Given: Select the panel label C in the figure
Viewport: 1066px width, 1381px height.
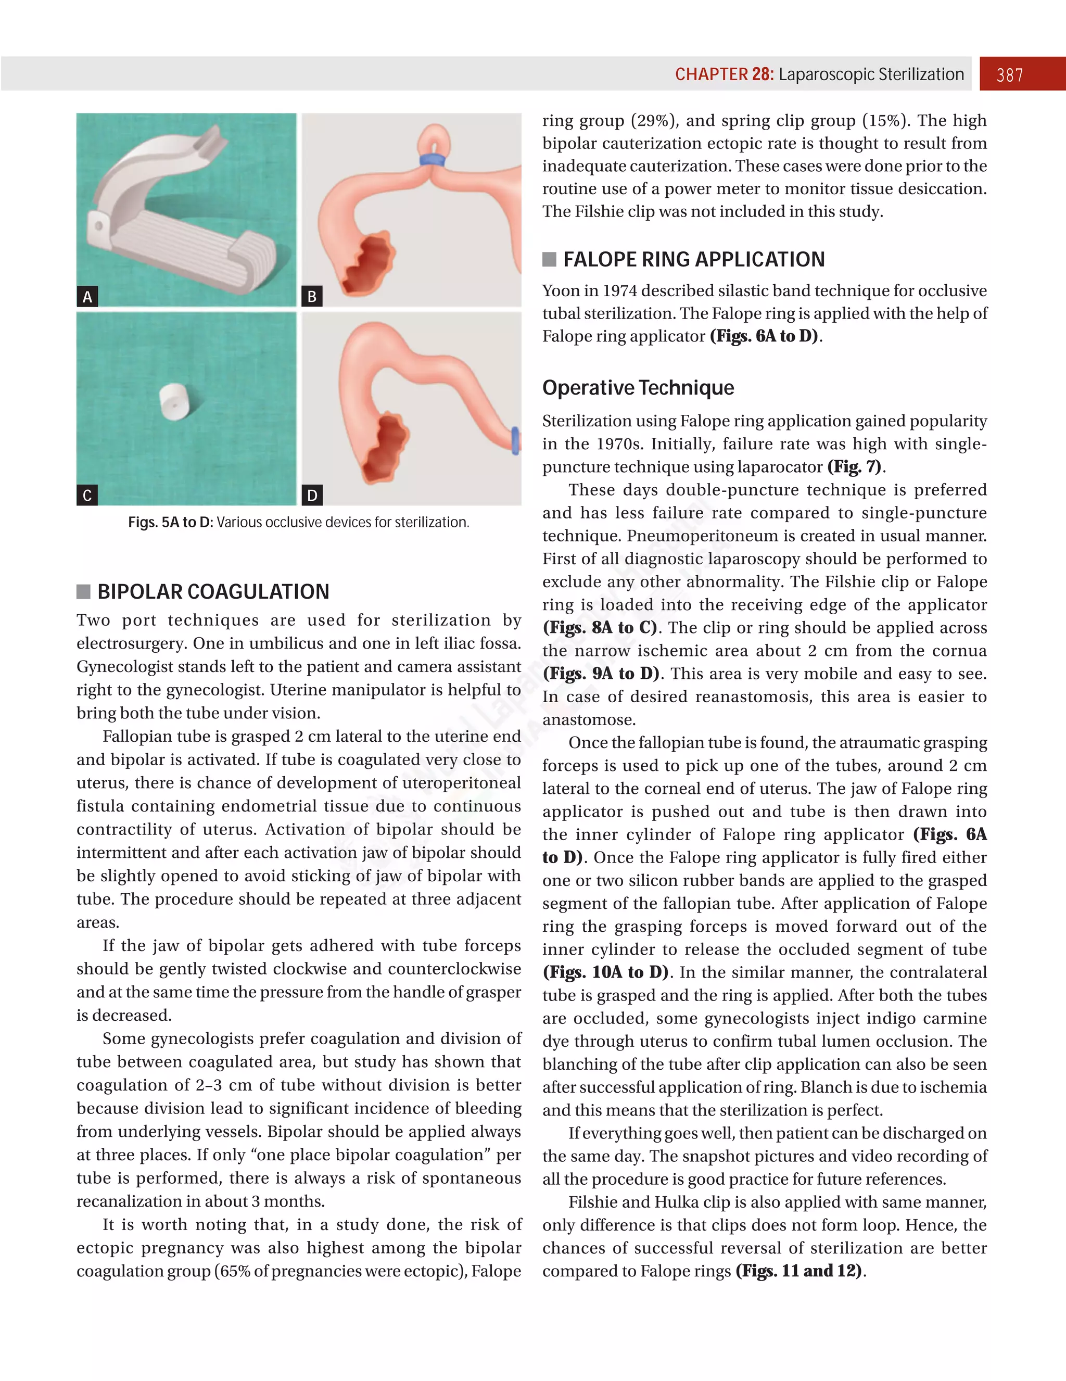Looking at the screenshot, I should (87, 495).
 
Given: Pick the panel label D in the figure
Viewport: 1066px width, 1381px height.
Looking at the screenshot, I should (312, 495).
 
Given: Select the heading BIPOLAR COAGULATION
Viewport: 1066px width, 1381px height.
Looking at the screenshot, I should (213, 592).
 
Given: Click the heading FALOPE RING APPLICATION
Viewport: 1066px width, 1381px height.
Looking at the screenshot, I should (694, 259).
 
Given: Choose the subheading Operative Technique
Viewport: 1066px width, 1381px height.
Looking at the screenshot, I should (638, 388).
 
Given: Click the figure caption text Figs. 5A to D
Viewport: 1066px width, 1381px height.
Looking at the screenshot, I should (170, 522).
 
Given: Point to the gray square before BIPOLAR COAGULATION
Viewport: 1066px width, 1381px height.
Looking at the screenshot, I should (83, 592).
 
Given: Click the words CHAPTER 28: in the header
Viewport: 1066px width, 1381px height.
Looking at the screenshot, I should (724, 74).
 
